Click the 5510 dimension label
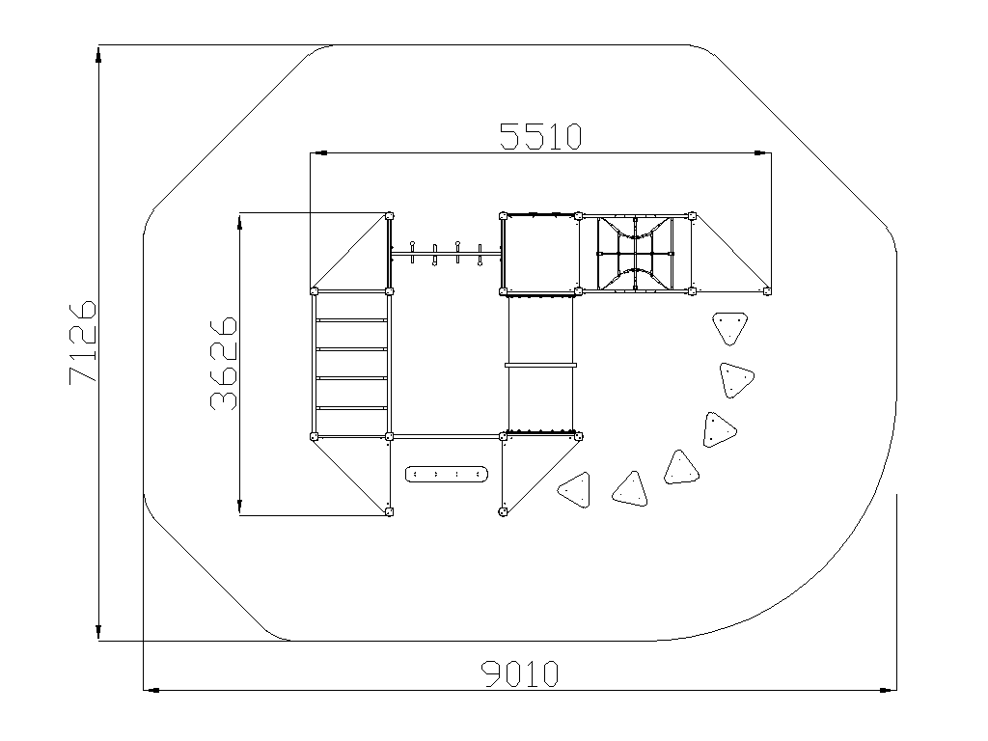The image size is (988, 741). (540, 137)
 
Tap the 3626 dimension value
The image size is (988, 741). (224, 364)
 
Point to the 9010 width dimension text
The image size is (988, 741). (520, 673)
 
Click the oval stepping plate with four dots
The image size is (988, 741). (447, 474)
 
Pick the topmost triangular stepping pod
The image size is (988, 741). (730, 328)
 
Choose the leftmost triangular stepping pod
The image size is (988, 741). (575, 489)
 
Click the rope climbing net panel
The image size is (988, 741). (635, 254)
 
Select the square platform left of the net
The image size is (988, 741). (540, 254)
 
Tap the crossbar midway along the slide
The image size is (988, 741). (540, 364)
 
